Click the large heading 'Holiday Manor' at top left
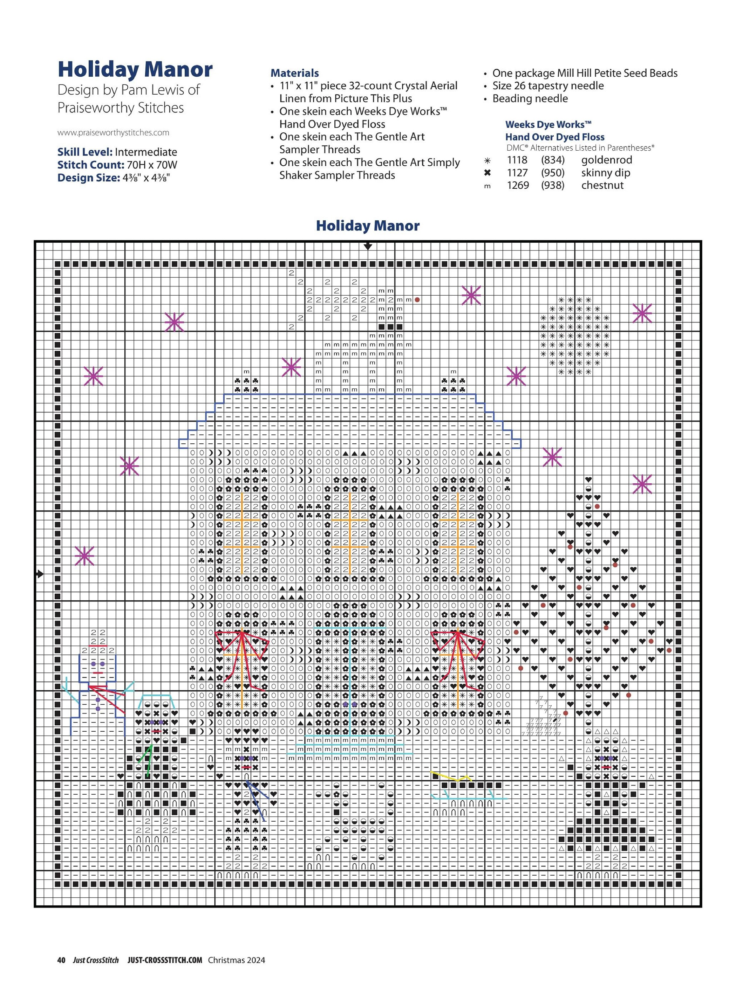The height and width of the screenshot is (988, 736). tap(135, 69)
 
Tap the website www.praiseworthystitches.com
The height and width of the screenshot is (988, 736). tap(113, 133)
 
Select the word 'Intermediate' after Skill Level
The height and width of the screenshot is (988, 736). tap(146, 152)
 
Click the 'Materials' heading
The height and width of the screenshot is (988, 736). tap(294, 73)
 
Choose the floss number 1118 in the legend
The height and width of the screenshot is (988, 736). tap(517, 160)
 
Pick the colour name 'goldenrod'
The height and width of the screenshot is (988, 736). tap(606, 160)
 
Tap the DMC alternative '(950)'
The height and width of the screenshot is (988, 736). tap(552, 173)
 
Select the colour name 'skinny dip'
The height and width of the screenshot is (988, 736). tap(606, 173)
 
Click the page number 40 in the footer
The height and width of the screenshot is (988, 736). tap(61, 960)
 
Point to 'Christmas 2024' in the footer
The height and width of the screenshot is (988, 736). tap(236, 960)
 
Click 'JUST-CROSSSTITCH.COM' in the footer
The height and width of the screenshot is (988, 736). tap(165, 960)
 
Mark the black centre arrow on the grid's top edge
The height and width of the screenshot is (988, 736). tap(368, 246)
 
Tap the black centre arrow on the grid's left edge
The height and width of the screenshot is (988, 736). tap(40, 574)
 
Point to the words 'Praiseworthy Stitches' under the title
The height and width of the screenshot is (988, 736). tap(120, 108)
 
